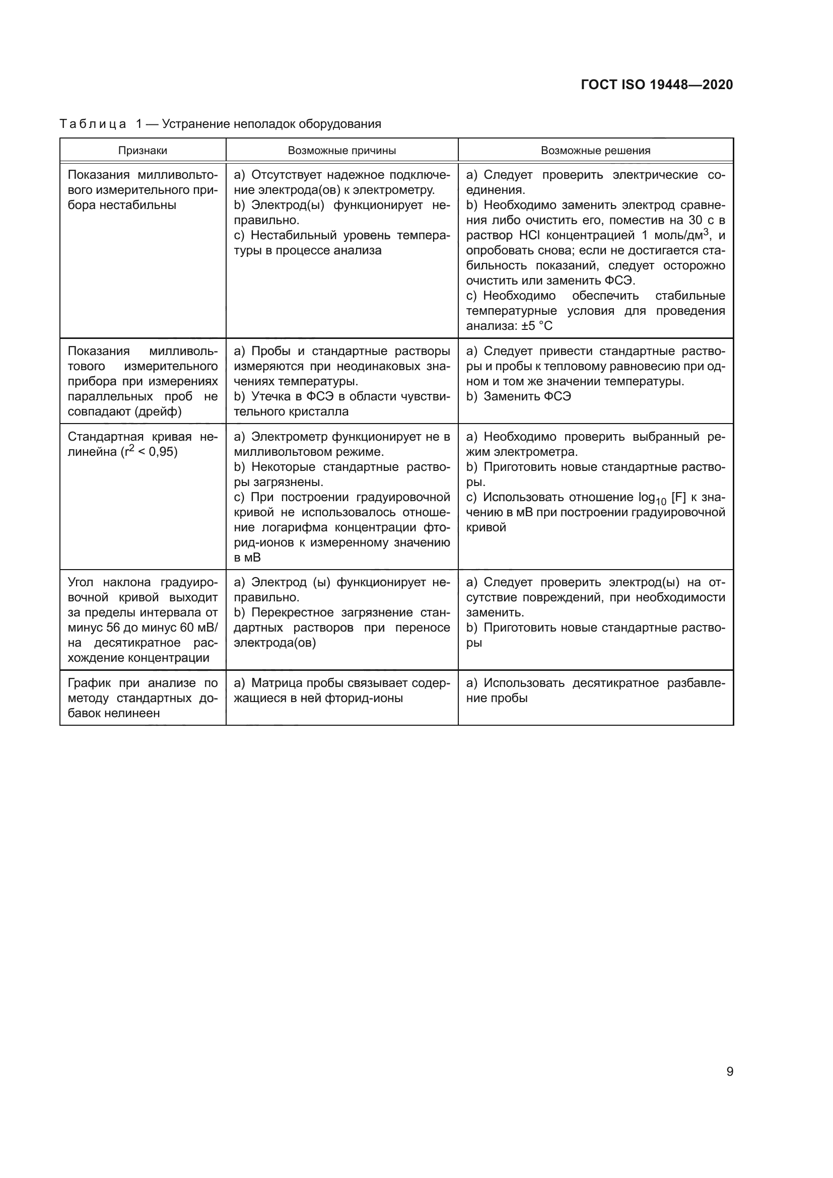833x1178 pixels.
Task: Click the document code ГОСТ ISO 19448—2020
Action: [x=657, y=85]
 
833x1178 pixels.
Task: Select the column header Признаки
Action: [x=143, y=150]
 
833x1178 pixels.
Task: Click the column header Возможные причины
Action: [x=341, y=150]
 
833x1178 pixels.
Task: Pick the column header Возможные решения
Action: [x=595, y=150]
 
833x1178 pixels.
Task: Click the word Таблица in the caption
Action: [x=93, y=124]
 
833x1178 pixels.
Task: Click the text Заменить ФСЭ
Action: [x=527, y=396]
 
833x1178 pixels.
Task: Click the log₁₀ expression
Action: [x=652, y=498]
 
